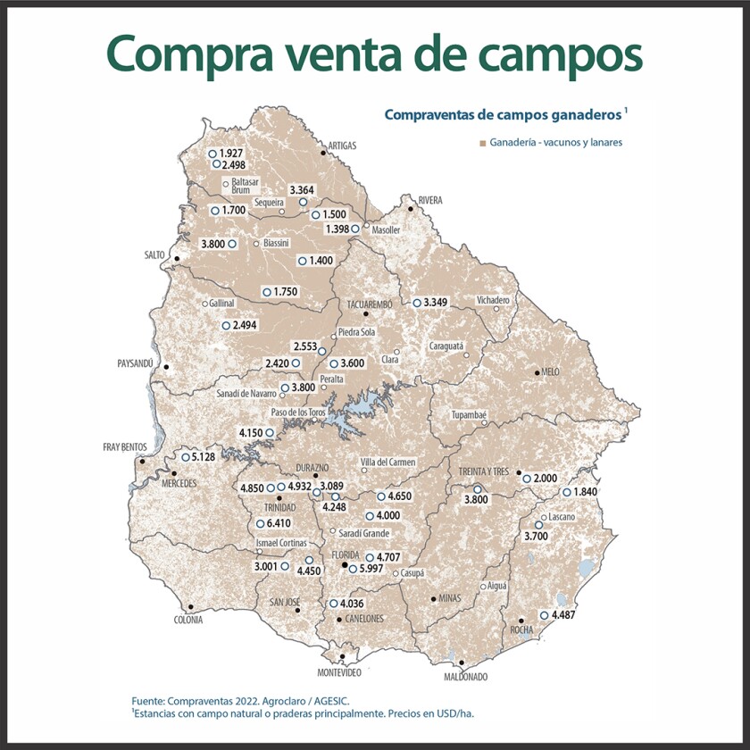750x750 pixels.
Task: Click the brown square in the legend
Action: [x=482, y=142]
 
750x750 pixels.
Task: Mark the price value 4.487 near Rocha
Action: [x=564, y=615]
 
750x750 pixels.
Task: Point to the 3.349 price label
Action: [x=437, y=303]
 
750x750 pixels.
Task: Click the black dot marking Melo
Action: [x=537, y=371]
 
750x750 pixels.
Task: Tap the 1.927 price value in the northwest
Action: [x=230, y=154]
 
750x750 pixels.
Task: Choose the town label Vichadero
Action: [x=493, y=300]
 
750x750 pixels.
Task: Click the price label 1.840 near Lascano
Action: [x=587, y=492]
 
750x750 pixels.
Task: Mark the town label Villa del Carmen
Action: [x=389, y=462]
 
